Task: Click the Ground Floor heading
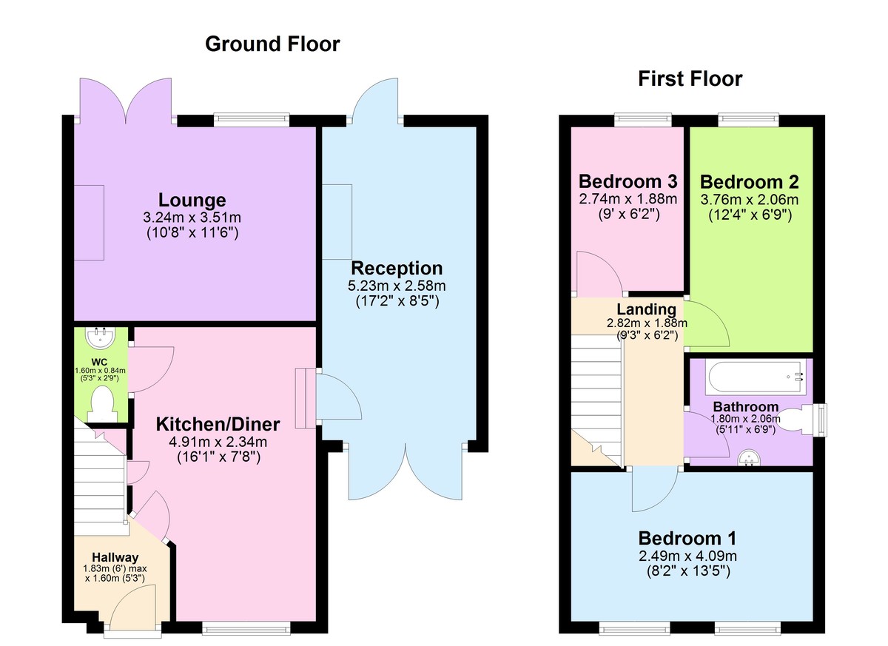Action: [272, 44]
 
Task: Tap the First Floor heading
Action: [690, 79]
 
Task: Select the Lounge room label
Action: [192, 200]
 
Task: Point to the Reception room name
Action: [397, 269]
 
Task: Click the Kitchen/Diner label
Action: [218, 425]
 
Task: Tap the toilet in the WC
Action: [102, 404]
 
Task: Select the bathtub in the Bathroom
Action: [756, 377]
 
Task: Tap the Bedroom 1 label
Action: [687, 538]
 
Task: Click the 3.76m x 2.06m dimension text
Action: [749, 199]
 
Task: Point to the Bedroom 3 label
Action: [628, 181]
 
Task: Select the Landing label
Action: [647, 309]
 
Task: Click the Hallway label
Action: [115, 557]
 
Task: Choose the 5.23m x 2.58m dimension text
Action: [397, 286]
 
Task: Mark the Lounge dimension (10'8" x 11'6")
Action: [192, 232]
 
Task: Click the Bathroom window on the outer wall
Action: [821, 420]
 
